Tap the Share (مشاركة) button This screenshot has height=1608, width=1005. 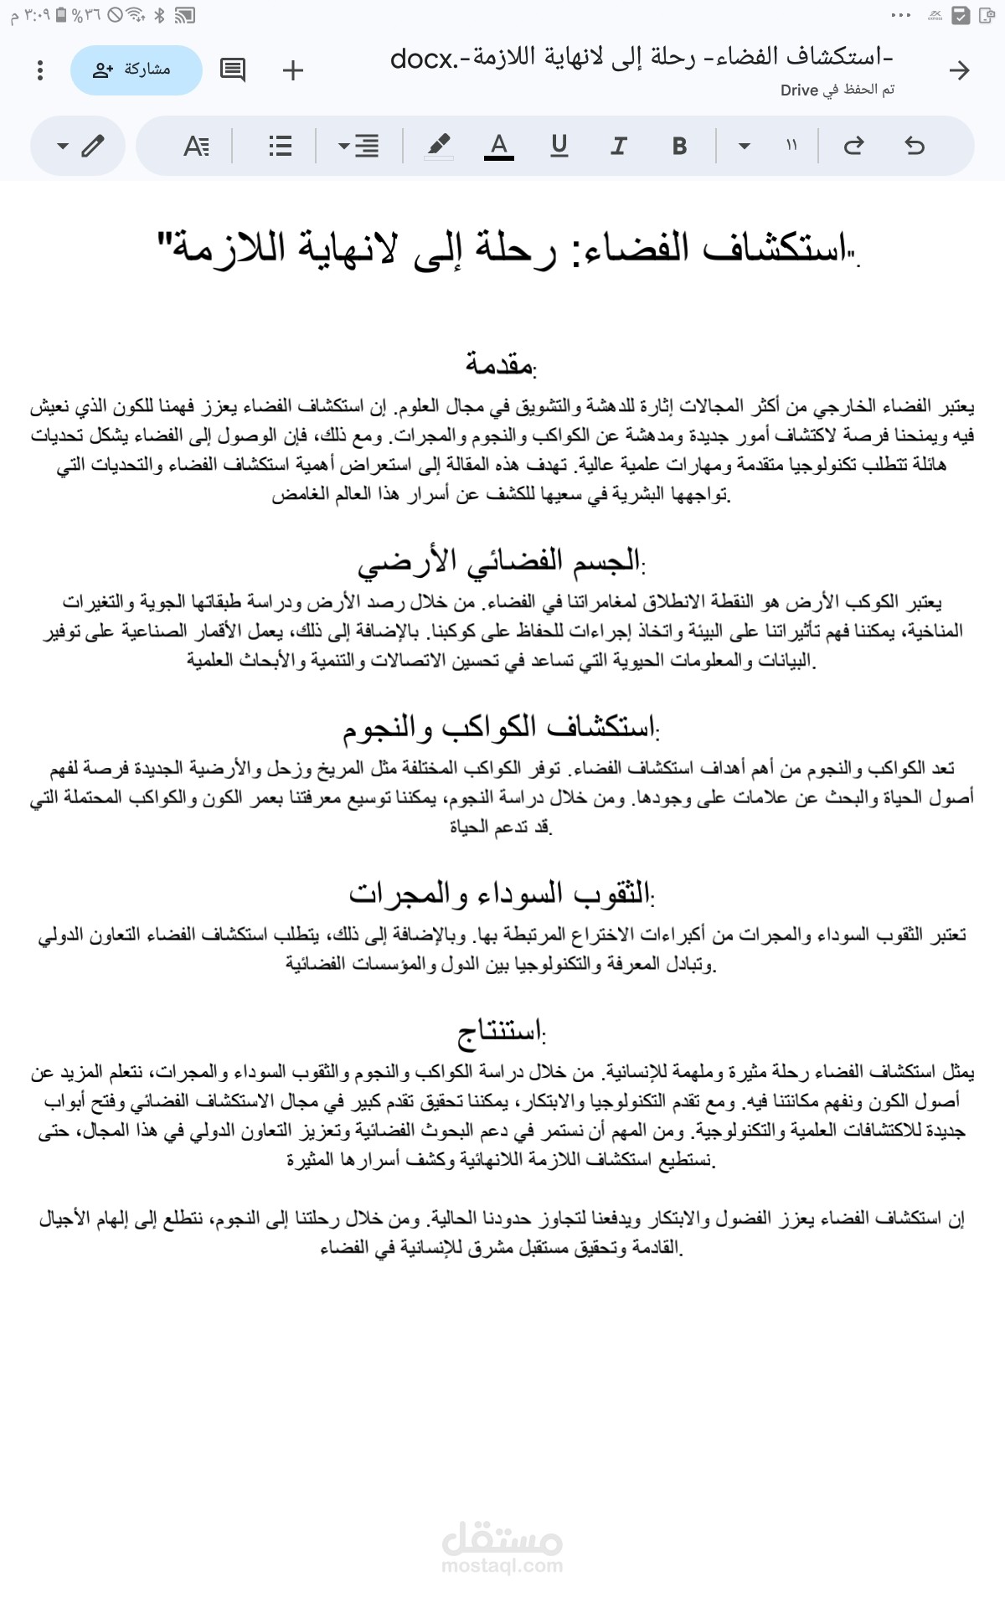[x=137, y=70]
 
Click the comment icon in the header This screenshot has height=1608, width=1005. [x=232, y=70]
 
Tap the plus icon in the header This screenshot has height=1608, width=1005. [x=293, y=70]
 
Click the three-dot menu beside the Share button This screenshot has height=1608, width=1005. [x=40, y=70]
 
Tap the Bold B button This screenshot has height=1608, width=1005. [x=679, y=146]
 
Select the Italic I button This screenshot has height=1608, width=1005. [x=619, y=146]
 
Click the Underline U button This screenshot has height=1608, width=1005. [x=559, y=146]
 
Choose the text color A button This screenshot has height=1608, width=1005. [x=499, y=146]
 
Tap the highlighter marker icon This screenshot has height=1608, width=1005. [x=438, y=146]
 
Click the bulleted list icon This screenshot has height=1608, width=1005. [x=281, y=146]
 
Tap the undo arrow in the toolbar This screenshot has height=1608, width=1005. [x=915, y=146]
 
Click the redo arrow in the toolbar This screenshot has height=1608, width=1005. [x=853, y=146]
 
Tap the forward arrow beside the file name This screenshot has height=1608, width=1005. [x=959, y=70]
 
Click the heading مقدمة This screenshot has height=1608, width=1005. [x=501, y=364]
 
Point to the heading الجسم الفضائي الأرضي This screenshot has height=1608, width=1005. [x=501, y=561]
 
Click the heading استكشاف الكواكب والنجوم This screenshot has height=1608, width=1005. [x=501, y=727]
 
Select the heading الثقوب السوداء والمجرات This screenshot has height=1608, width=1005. [x=501, y=894]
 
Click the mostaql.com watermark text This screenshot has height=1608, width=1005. [x=502, y=1565]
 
